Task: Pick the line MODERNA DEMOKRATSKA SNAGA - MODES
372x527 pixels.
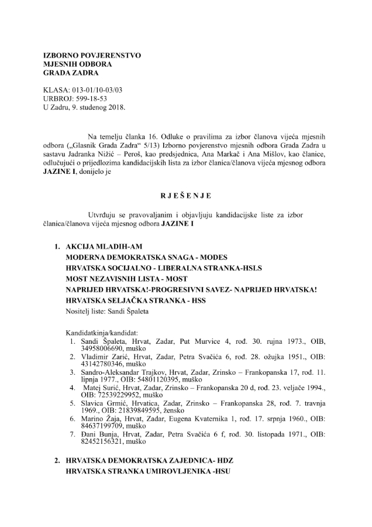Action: (x=146, y=258)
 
